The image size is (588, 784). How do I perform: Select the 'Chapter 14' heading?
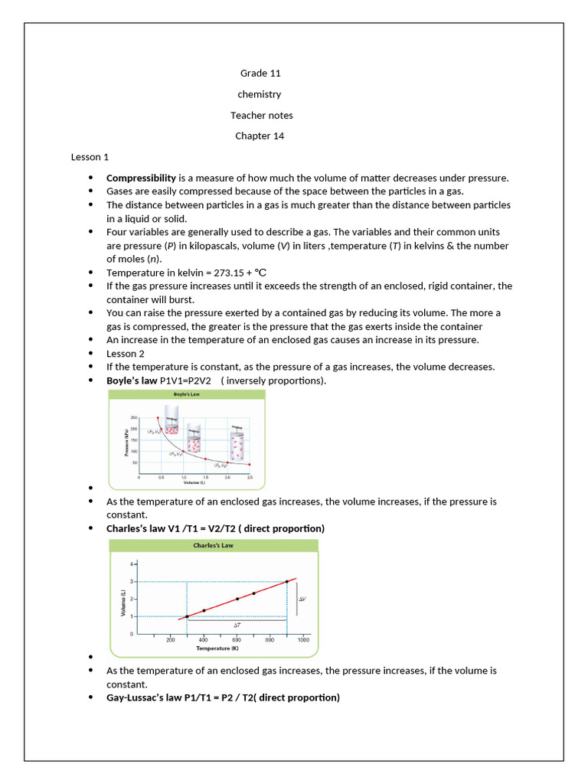[x=260, y=136]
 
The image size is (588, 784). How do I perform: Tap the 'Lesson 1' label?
[x=90, y=157]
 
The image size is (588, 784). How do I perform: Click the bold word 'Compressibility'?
[x=141, y=178]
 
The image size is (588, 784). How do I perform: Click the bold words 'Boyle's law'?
[x=132, y=381]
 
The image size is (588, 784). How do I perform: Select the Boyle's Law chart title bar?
[x=188, y=394]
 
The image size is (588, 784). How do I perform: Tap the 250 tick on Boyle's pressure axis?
[x=133, y=417]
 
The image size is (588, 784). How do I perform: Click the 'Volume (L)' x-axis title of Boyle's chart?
[x=196, y=483]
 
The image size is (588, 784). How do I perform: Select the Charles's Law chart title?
[x=214, y=546]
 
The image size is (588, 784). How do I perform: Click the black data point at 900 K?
[x=287, y=581]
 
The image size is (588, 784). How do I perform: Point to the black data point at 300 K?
[x=187, y=616]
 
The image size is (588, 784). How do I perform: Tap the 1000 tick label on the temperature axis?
[x=303, y=640]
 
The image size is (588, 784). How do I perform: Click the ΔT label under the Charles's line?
[x=237, y=625]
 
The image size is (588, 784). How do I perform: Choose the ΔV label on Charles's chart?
[x=302, y=599]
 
